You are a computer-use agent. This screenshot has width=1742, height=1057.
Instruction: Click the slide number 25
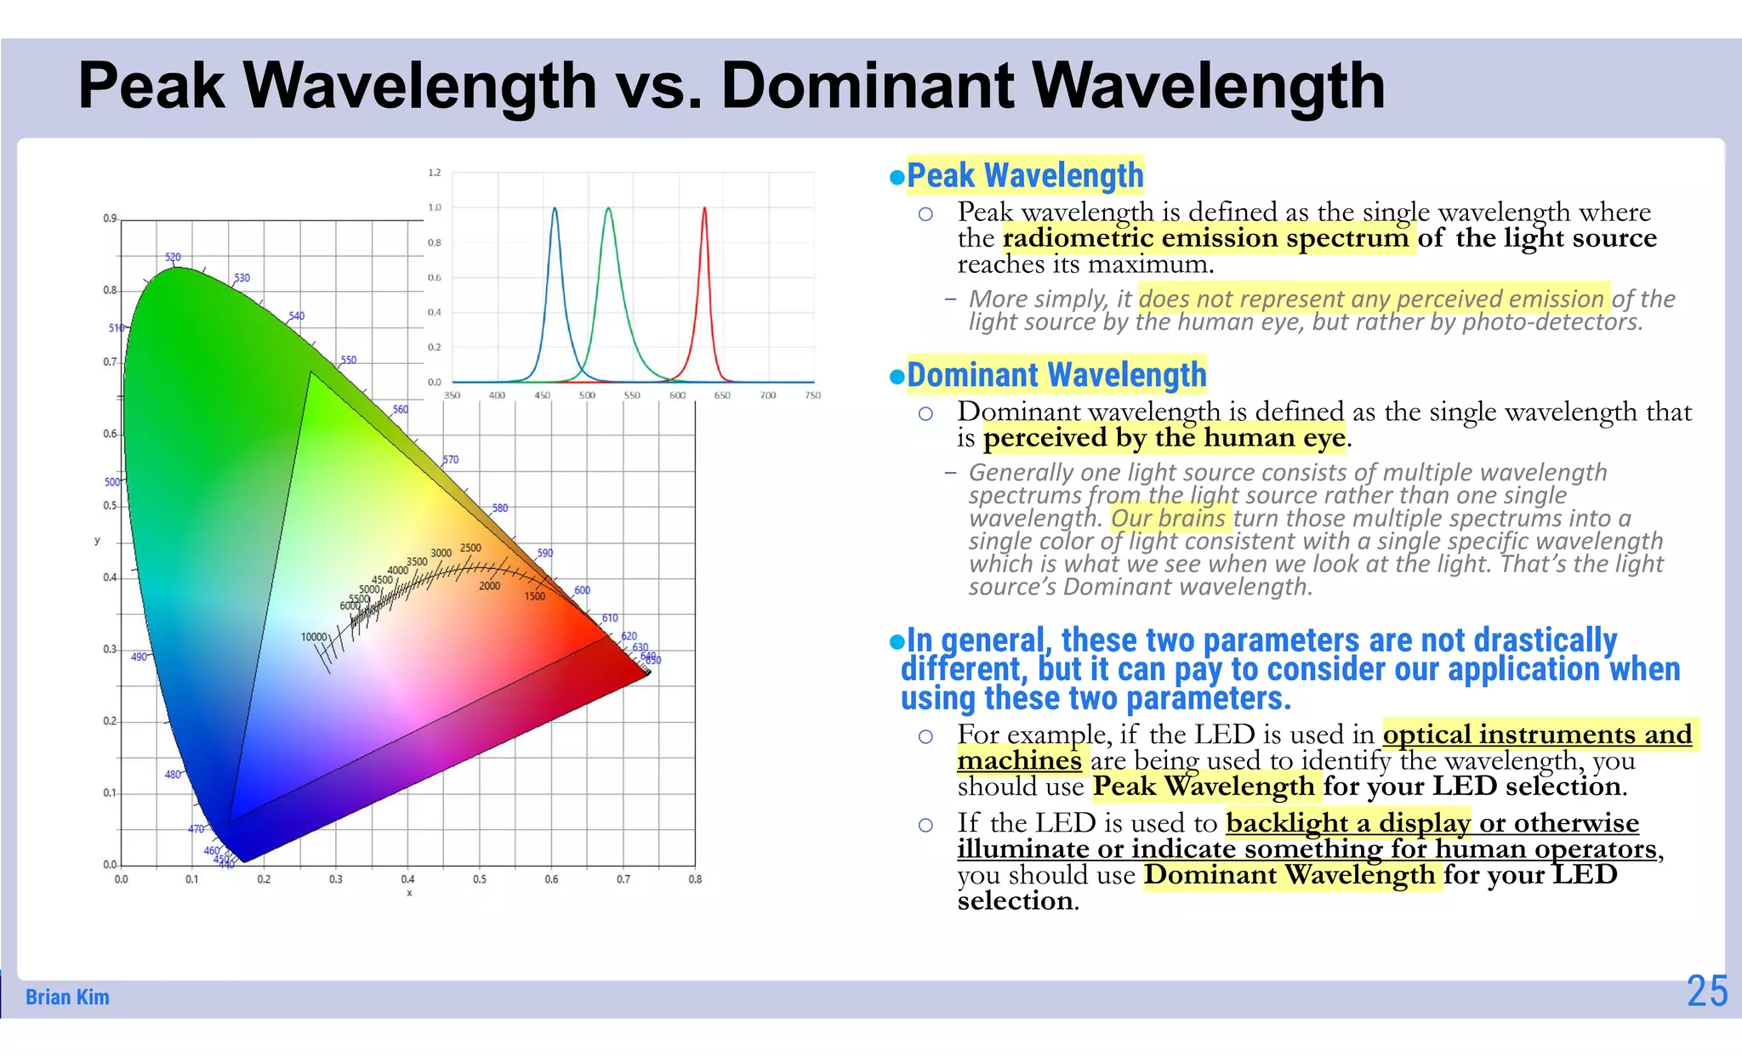1706,992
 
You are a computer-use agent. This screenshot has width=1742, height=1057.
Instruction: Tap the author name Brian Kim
67,997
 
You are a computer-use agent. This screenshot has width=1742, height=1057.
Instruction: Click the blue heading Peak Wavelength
1025,175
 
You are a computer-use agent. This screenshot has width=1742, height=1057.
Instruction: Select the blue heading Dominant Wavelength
1056,375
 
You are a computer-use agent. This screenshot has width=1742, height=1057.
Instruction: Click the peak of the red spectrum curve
704,208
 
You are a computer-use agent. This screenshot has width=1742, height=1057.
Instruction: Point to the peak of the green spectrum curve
608,208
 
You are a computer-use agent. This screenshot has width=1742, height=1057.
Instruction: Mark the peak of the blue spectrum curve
555,208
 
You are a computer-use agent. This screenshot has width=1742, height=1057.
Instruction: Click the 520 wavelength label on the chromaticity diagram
173,257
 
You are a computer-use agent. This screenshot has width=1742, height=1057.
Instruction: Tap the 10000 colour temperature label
314,637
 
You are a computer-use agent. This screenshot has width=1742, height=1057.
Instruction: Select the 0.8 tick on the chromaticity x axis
695,879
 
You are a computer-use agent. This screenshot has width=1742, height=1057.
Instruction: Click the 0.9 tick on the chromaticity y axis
110,219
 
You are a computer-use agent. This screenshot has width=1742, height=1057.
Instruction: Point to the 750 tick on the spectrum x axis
812,395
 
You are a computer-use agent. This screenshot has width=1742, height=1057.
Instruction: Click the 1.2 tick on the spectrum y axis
435,173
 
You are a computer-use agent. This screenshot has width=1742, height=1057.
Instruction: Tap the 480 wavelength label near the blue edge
173,775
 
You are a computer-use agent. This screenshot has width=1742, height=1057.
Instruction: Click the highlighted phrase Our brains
1168,519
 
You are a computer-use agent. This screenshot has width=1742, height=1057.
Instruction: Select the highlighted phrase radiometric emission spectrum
1205,238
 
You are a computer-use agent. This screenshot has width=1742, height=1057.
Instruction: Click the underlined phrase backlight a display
1347,823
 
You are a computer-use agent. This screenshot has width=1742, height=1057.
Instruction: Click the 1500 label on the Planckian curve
534,596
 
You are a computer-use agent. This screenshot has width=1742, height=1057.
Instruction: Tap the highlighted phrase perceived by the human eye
1164,438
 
